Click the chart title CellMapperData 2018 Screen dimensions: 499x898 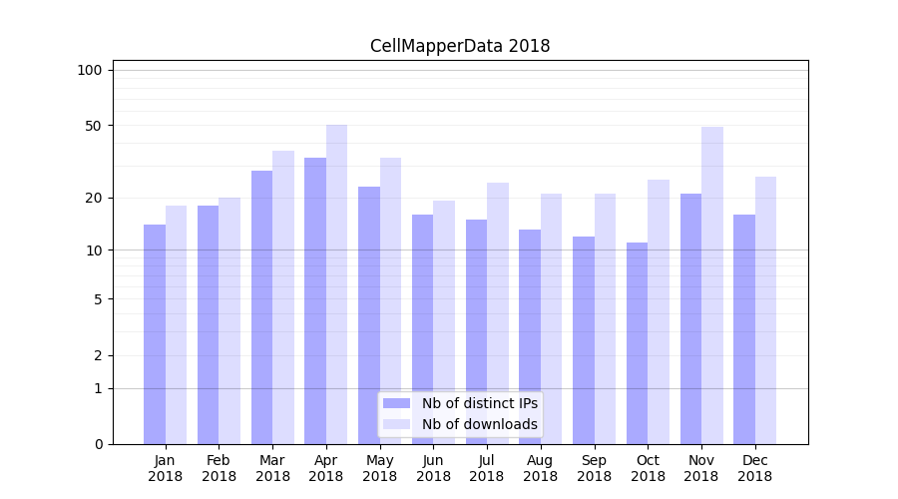[460, 46]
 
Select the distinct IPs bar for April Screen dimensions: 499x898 [315, 299]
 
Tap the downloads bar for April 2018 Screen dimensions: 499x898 [337, 284]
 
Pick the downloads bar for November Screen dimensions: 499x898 [712, 284]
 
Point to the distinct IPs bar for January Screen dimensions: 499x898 [155, 333]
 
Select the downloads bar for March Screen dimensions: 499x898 [283, 296]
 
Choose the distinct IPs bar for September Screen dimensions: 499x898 [584, 339]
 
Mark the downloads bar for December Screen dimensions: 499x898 [765, 309]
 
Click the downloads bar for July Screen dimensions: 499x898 [498, 312]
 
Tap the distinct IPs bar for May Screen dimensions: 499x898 [369, 314]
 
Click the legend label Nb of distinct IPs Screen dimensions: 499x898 [479, 403]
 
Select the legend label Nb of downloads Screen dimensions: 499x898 [479, 424]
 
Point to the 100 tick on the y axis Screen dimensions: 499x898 [90, 70]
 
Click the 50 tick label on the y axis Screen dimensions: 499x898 [94, 126]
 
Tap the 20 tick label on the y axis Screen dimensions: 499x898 [94, 198]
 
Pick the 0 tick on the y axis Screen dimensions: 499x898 [98, 444]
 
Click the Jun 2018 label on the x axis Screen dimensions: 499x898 [433, 468]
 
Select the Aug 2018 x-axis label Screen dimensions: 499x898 [541, 468]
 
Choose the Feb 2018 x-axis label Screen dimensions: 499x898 [219, 468]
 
